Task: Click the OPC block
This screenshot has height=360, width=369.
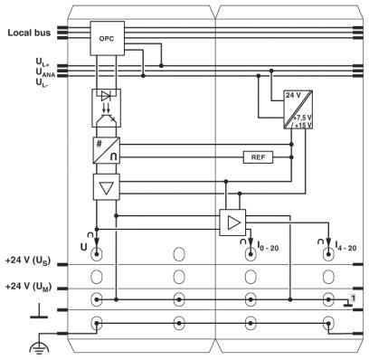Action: point(108,38)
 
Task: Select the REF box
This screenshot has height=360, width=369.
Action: point(258,157)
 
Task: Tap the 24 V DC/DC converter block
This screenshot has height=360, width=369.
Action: point(298,109)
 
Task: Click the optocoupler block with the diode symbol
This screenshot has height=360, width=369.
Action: point(106,108)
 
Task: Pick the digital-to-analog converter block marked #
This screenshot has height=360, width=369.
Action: point(107,150)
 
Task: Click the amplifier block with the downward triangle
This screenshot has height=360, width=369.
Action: point(107,187)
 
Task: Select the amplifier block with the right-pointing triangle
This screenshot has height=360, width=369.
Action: point(232,223)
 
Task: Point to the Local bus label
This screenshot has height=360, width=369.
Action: point(29,33)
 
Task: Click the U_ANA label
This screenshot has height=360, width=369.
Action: point(45,72)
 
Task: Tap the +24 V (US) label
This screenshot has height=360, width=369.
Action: point(28,261)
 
